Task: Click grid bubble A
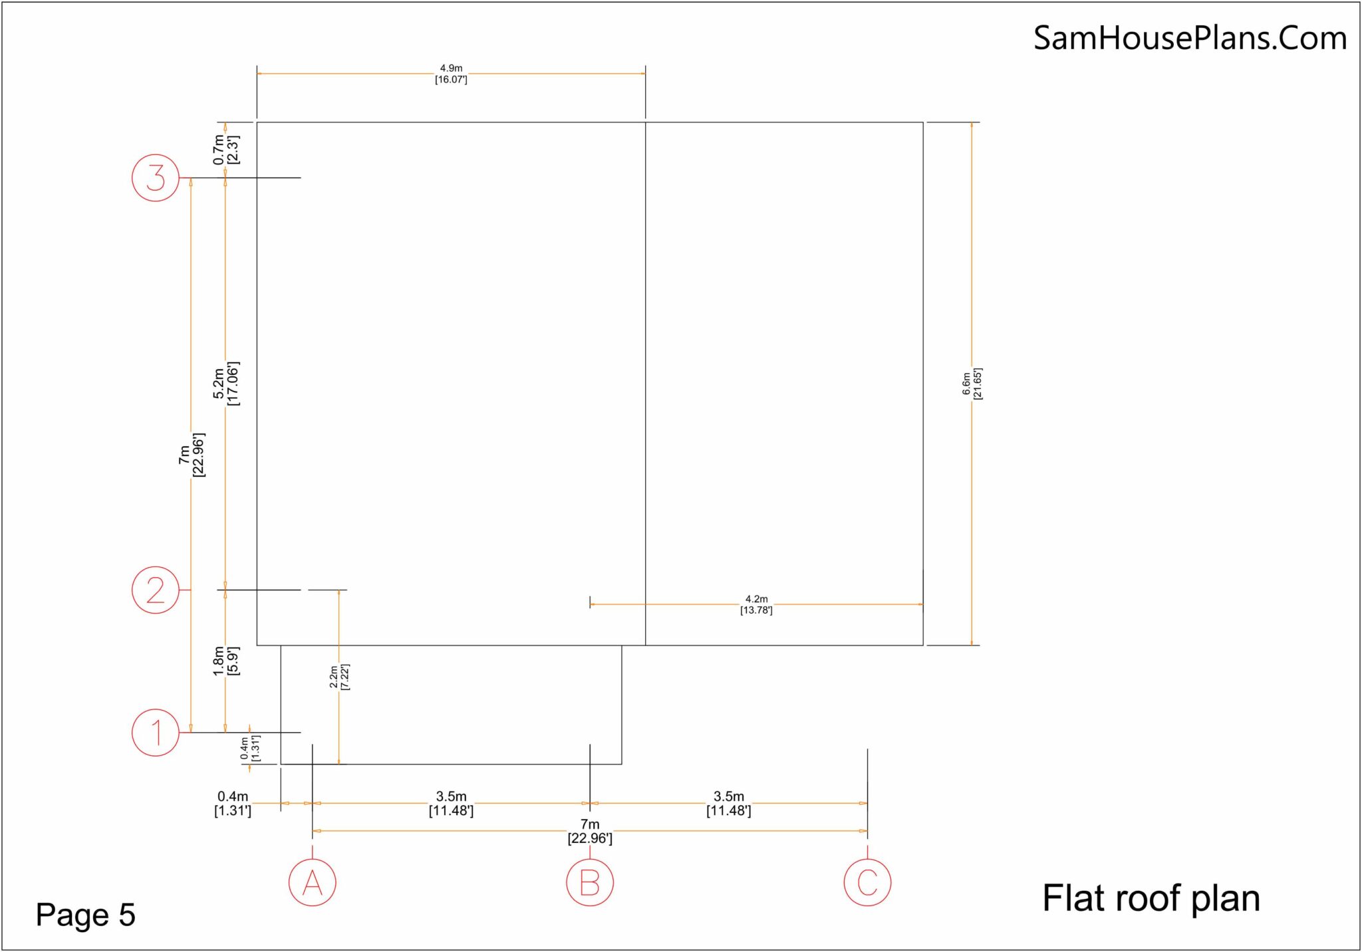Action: [x=312, y=883]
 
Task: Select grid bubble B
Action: [x=590, y=883]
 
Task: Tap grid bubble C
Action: [x=867, y=883]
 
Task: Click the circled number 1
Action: [x=156, y=733]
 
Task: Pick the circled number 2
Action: [x=156, y=590]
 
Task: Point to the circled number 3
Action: [x=156, y=178]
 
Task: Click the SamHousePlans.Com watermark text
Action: [x=1190, y=38]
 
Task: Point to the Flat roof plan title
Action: [x=1151, y=898]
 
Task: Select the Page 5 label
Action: [x=85, y=915]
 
